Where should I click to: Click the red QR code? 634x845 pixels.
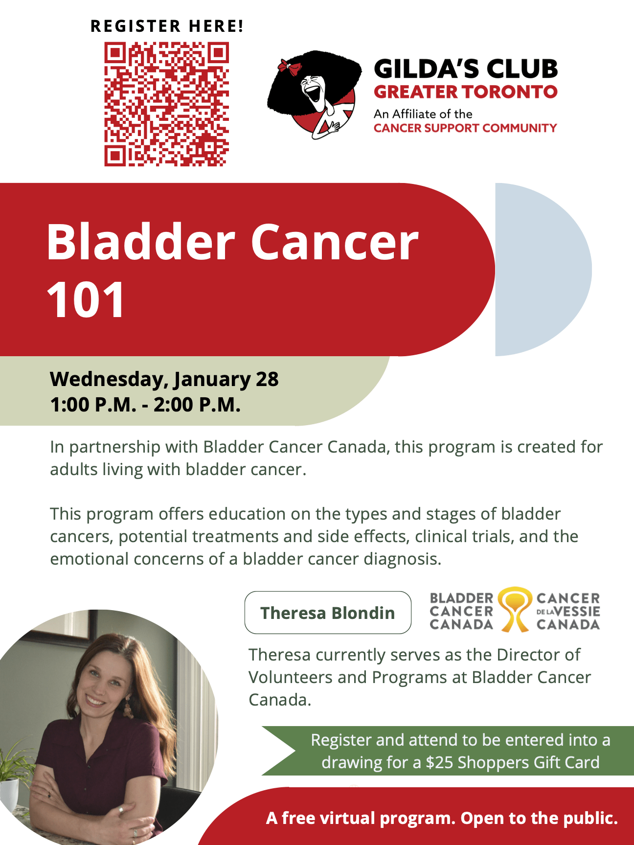click(x=166, y=104)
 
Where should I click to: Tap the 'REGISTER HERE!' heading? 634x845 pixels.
click(x=167, y=26)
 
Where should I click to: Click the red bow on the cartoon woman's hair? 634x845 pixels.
click(x=289, y=67)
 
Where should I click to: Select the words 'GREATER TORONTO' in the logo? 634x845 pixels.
click(x=465, y=91)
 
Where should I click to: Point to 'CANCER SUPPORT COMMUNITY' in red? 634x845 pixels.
click(x=465, y=128)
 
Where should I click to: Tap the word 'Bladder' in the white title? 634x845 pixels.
click(x=141, y=242)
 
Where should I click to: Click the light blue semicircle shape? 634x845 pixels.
click(x=543, y=270)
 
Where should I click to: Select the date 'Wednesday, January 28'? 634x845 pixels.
click(x=164, y=379)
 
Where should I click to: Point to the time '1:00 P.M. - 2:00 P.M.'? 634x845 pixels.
click(x=145, y=405)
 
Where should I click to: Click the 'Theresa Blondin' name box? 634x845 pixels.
click(x=328, y=613)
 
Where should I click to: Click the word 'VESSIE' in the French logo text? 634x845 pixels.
click(x=577, y=611)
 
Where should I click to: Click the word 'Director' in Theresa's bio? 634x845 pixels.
click(x=539, y=655)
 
